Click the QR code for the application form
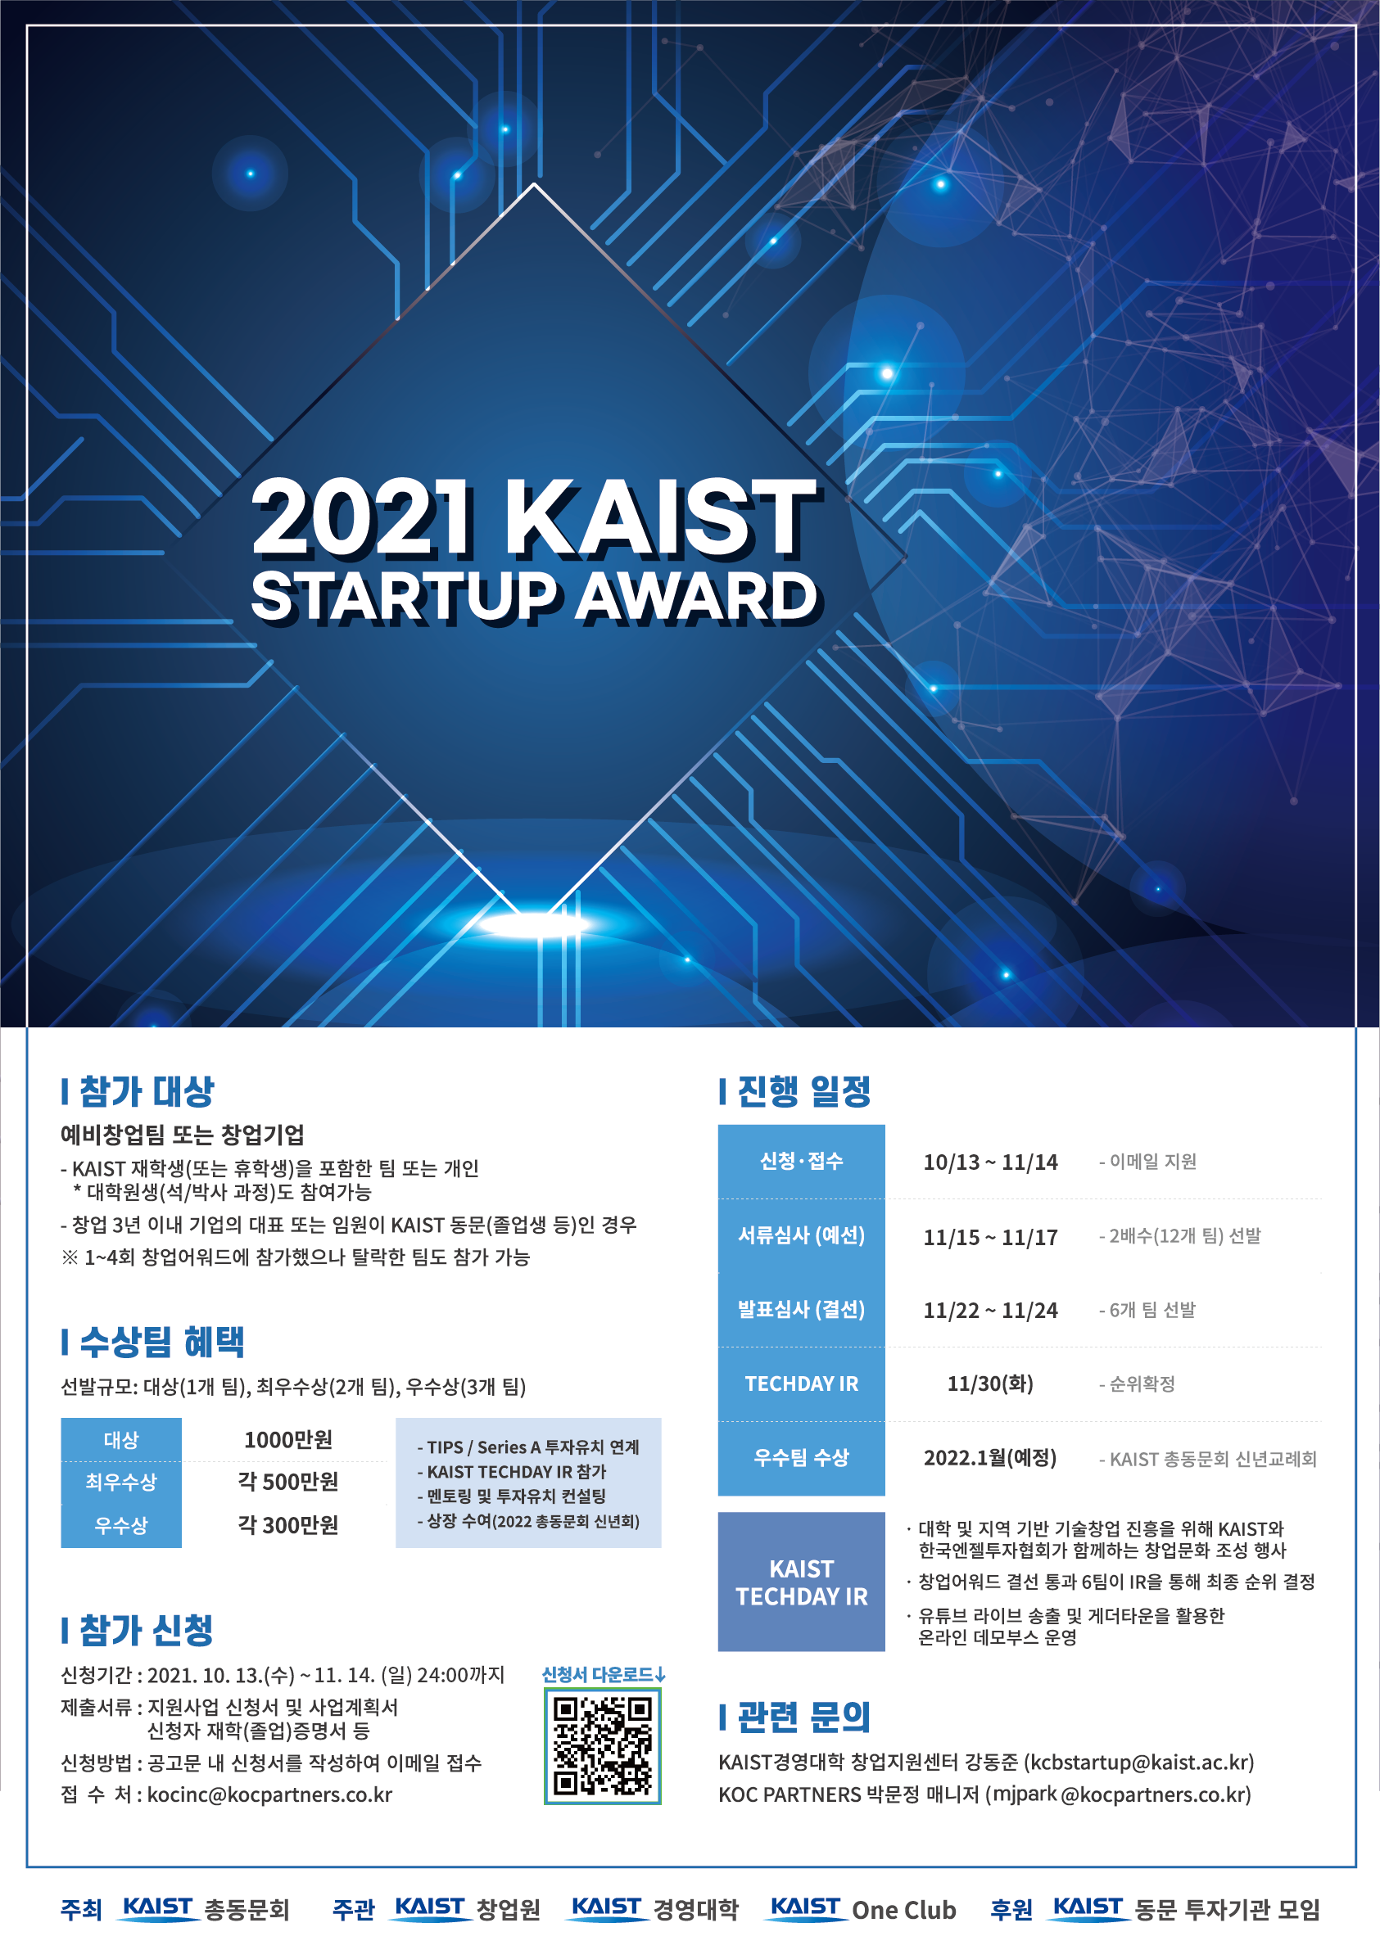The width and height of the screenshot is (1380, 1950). pos(603,1746)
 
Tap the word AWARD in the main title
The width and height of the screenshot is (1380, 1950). pos(696,597)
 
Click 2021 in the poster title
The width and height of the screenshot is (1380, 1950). pos(360,517)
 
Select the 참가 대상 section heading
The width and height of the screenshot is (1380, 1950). pos(138,1091)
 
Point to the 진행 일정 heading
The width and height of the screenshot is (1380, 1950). pos(795,1091)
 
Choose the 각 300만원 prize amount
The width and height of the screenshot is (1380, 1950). pos(288,1525)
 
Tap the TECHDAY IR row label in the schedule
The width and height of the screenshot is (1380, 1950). pos(801,1384)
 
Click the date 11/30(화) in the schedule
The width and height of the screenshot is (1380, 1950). pos(990,1384)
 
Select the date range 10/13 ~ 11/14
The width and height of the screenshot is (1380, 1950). pos(990,1162)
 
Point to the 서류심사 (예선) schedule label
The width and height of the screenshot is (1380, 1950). pos(801,1235)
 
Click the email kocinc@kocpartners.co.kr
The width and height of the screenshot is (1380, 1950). pos(269,1794)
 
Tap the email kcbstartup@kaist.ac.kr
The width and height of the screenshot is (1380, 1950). pos(1138,1763)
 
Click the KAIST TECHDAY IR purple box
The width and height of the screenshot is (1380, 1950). pos(801,1582)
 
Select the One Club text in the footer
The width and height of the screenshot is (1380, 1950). pos(904,1910)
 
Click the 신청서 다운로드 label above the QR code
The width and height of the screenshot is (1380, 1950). pos(604,1675)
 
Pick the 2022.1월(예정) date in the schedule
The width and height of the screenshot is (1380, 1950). pos(990,1458)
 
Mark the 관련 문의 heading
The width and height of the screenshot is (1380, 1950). pos(795,1718)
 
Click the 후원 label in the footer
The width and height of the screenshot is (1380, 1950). pos(1011,1910)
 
